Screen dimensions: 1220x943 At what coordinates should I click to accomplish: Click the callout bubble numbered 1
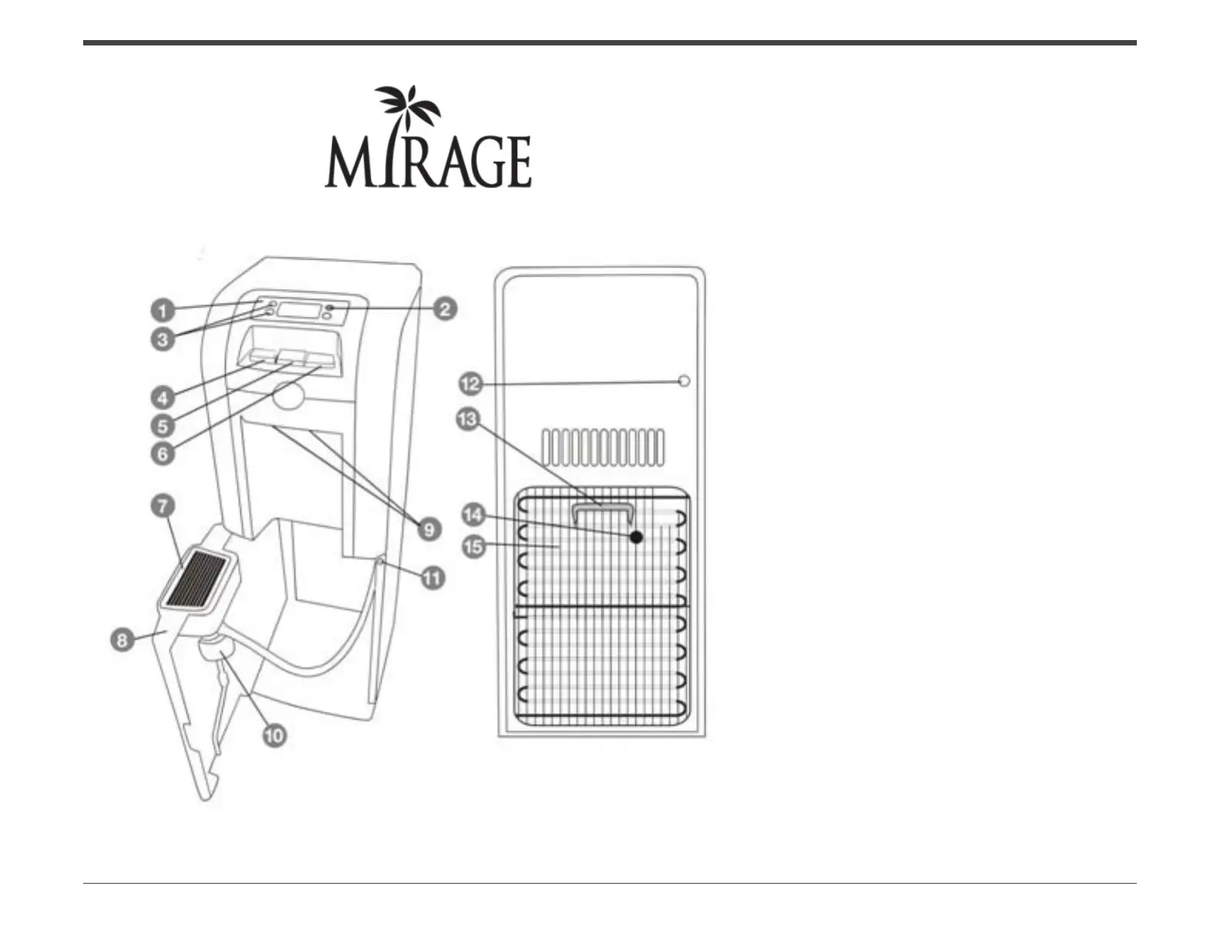[x=162, y=310]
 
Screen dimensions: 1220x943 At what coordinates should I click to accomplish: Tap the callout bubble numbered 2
[x=444, y=310]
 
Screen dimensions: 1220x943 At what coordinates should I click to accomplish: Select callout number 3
[x=162, y=339]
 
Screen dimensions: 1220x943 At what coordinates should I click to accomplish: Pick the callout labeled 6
[x=162, y=453]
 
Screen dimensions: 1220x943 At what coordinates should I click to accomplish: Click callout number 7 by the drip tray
[x=163, y=507]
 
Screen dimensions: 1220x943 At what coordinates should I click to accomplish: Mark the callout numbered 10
[x=274, y=735]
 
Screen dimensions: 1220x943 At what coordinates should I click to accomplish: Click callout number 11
[x=433, y=577]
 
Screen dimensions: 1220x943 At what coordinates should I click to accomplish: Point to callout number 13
[x=468, y=421]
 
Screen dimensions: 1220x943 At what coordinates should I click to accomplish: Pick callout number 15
[x=473, y=547]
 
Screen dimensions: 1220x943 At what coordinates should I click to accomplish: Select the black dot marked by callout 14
[x=635, y=537]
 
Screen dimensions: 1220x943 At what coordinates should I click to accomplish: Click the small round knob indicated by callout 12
[x=683, y=381]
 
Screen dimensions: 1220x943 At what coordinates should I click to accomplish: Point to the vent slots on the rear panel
[x=603, y=448]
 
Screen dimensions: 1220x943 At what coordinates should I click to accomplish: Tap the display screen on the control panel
[x=299, y=310]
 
